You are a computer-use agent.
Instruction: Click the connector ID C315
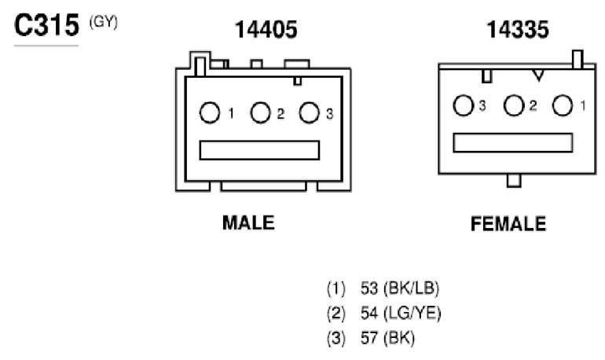coord(46,25)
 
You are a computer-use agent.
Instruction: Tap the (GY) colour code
coord(104,22)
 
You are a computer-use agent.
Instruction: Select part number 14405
coord(266,30)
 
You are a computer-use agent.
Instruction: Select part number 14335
coord(518,30)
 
